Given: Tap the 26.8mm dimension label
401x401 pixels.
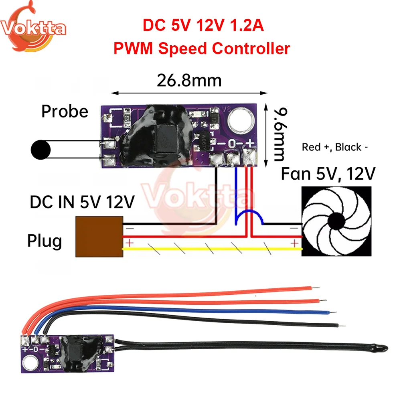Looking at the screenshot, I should pyautogui.click(x=189, y=81).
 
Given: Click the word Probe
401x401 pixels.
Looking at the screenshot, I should pyautogui.click(x=65, y=111).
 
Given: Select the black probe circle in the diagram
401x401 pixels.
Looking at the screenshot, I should pyautogui.click(x=41, y=150).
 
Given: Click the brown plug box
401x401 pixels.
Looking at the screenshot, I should pyautogui.click(x=99, y=236).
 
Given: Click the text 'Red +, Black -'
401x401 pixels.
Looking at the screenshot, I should pyautogui.click(x=335, y=147).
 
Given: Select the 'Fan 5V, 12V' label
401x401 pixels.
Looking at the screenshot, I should pyautogui.click(x=328, y=174).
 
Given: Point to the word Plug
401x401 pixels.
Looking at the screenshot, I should pyautogui.click(x=45, y=241).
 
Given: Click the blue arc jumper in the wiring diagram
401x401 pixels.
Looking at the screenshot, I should pyautogui.click(x=249, y=217).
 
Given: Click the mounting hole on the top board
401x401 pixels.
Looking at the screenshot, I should pyautogui.click(x=239, y=120).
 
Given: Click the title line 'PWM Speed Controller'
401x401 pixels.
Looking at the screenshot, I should pyautogui.click(x=202, y=49).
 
